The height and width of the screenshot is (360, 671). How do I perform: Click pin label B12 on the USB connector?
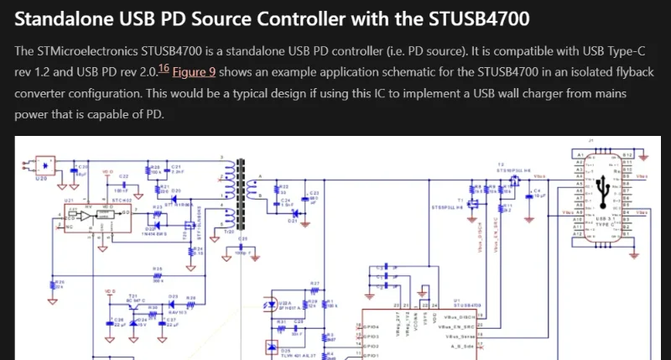pos(627,155)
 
